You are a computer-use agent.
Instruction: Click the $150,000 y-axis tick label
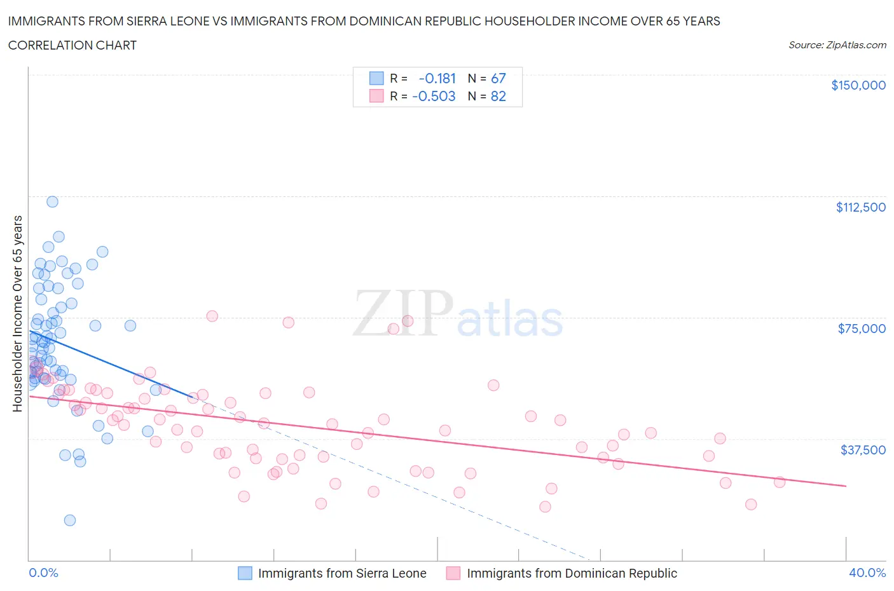858,85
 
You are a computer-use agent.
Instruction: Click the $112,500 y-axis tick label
860,207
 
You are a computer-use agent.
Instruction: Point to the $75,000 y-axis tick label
862,329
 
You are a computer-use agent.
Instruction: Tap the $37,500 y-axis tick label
863,450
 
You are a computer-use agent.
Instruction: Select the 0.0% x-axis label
43,573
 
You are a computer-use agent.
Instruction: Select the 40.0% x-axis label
867,573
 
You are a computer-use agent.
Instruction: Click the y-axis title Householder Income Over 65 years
17,313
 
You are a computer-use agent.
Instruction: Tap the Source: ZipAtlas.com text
837,45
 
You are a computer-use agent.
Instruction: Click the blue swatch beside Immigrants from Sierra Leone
245,573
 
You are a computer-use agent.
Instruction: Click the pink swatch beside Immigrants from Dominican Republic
453,573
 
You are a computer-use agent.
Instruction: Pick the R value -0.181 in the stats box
437,78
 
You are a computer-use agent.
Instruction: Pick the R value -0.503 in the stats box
434,96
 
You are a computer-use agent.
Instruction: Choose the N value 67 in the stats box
499,78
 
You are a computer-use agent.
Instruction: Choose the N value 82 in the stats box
499,96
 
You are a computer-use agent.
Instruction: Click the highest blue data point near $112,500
52,201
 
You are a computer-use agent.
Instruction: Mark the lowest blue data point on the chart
70,520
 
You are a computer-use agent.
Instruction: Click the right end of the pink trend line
846,486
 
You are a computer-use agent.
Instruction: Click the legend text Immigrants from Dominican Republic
572,573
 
